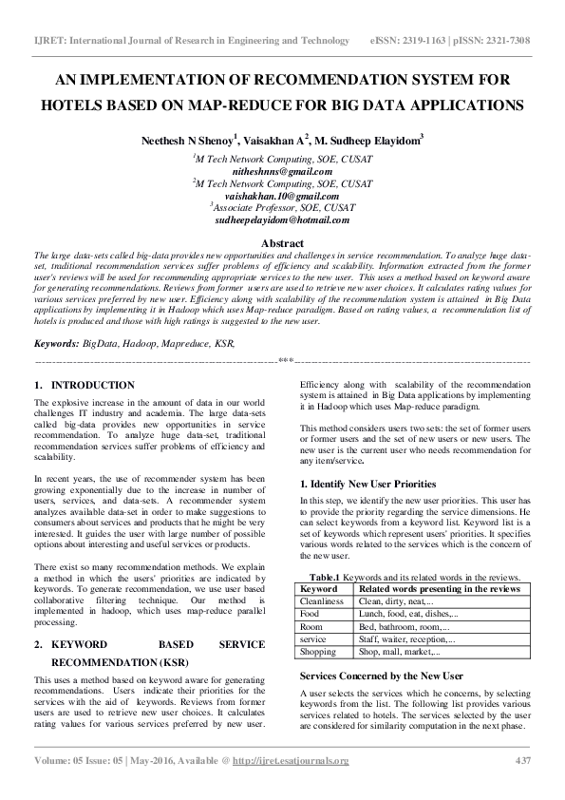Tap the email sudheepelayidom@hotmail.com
click(x=282, y=219)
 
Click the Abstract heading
click(x=282, y=244)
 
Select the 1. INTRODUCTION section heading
click(x=84, y=385)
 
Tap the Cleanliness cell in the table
click(x=322, y=601)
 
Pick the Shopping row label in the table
click(x=318, y=652)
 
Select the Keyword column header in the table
click(x=318, y=589)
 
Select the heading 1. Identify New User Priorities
click(x=367, y=484)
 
